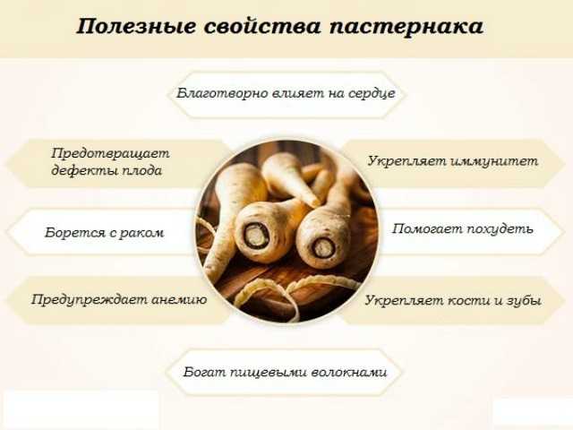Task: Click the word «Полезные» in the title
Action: click(x=136, y=27)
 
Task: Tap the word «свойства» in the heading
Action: click(x=262, y=26)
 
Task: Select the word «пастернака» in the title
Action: click(x=406, y=27)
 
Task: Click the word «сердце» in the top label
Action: click(x=372, y=93)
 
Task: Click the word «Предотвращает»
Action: click(x=110, y=153)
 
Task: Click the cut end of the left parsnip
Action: click(x=253, y=236)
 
